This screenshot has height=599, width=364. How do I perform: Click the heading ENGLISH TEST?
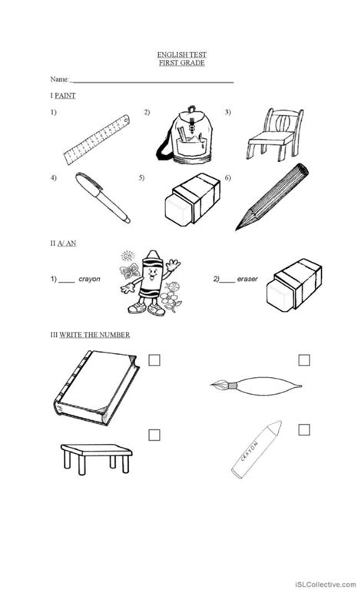(x=181, y=55)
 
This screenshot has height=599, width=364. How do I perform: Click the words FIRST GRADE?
(x=181, y=62)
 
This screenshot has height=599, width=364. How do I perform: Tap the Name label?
(x=59, y=79)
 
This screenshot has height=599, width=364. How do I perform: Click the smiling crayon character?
(x=144, y=282)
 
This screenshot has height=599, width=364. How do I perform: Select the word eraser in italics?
(x=248, y=281)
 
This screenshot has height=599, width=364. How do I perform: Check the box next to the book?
(x=154, y=359)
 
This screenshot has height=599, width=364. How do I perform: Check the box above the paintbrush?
(x=304, y=359)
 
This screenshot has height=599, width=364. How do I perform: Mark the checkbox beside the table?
(x=154, y=435)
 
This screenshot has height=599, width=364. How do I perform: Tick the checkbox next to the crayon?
(x=304, y=429)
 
